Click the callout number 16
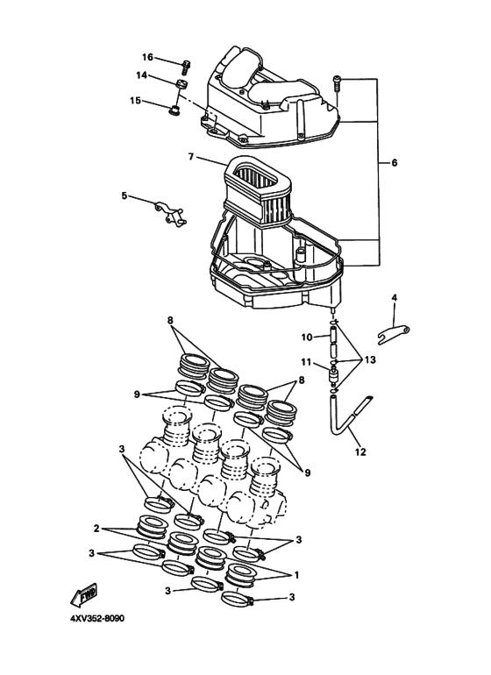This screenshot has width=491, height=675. point(147,57)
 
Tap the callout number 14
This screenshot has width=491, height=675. point(141,76)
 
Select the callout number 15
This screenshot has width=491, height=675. point(135,101)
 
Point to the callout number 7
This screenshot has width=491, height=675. point(190,158)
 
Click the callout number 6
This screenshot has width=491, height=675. point(394,163)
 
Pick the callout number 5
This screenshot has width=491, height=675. point(125,195)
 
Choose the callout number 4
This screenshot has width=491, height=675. point(394,298)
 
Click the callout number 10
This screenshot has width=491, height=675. point(307,337)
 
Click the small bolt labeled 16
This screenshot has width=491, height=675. point(187,64)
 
